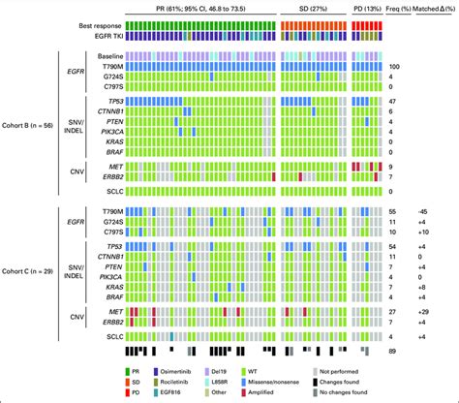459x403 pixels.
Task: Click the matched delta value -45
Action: click(x=435, y=210)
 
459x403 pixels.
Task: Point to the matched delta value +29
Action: click(x=435, y=312)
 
